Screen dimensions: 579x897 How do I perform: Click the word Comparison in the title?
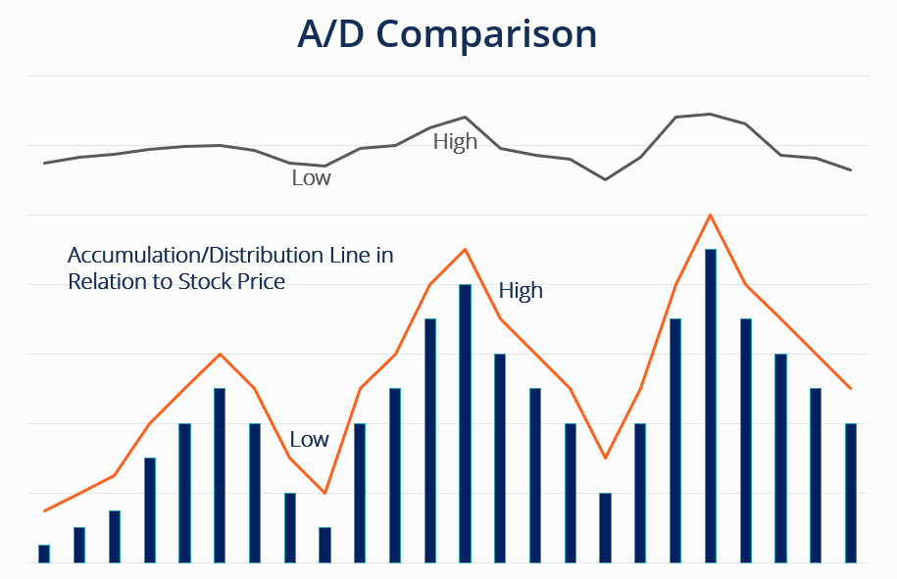pyautogui.click(x=486, y=34)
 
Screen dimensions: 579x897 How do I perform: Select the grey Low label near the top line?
pyautogui.click(x=311, y=178)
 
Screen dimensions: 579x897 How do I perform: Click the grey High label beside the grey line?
pyautogui.click(x=455, y=142)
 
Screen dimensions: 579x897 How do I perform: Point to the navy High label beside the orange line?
pyautogui.click(x=521, y=291)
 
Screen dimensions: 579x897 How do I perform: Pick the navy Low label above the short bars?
pyautogui.click(x=309, y=440)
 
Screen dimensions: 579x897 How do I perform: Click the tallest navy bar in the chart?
pyautogui.click(x=711, y=406)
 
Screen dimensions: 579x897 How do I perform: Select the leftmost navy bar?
pyautogui.click(x=44, y=554)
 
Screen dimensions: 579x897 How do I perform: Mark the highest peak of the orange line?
pyautogui.click(x=710, y=215)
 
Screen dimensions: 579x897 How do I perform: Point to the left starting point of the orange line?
pyautogui.click(x=44, y=510)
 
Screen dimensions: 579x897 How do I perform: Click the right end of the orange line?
pyautogui.click(x=851, y=389)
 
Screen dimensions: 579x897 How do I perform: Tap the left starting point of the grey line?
pyautogui.click(x=44, y=163)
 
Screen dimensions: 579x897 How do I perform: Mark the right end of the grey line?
pyautogui.click(x=851, y=170)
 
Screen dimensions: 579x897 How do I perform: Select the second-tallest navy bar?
pyautogui.click(x=465, y=423)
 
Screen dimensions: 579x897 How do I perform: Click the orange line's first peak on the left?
pyautogui.click(x=220, y=354)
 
